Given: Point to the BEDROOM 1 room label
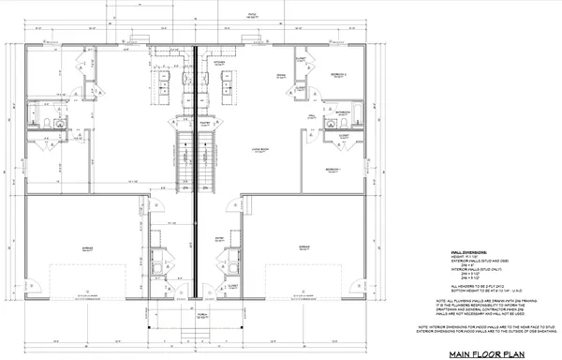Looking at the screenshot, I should [x=333, y=170].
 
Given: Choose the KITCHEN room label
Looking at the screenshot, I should [x=217, y=62].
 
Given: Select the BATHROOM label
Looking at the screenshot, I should [x=344, y=112].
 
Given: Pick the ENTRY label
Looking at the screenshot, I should [x=217, y=238].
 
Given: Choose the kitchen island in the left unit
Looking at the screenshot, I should [x=161, y=91].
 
